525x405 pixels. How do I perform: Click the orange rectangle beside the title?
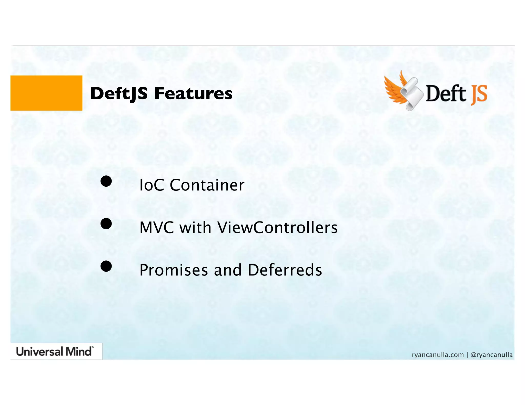pos(46,93)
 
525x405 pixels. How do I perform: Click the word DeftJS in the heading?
pos(119,94)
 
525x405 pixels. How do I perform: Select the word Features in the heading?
pos(193,93)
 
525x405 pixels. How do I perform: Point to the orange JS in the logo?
pos(479,94)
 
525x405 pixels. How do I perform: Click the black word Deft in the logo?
pos(446,94)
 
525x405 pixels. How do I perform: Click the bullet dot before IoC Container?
pos(106,181)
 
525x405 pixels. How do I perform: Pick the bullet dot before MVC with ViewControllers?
pos(106,224)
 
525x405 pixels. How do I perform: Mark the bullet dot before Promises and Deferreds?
pos(106,266)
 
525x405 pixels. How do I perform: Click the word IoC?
pos(152,185)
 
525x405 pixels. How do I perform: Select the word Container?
pos(207,185)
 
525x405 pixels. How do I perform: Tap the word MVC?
pos(157,227)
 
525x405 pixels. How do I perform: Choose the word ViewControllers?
pos(277,227)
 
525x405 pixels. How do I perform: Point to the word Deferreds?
pos(285,270)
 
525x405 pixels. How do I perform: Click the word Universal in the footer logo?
pos(39,352)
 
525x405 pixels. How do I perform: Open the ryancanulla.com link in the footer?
pos(438,355)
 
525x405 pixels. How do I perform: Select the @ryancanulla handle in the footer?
pos(491,355)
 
